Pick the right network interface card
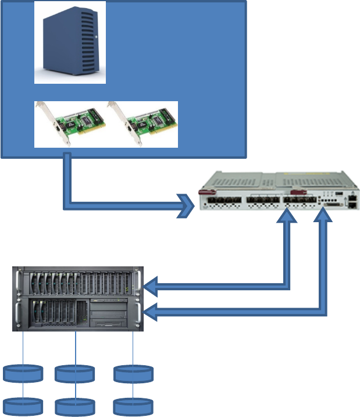click(142, 124)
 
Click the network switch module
click(279, 195)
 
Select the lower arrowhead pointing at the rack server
click(150, 313)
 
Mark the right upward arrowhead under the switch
click(323, 216)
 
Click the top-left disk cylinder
click(23, 373)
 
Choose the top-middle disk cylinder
click(74, 373)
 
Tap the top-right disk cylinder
click(133, 373)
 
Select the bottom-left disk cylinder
click(23, 406)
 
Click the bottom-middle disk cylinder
click(74, 406)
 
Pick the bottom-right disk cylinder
click(133, 406)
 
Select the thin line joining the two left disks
click(23, 390)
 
